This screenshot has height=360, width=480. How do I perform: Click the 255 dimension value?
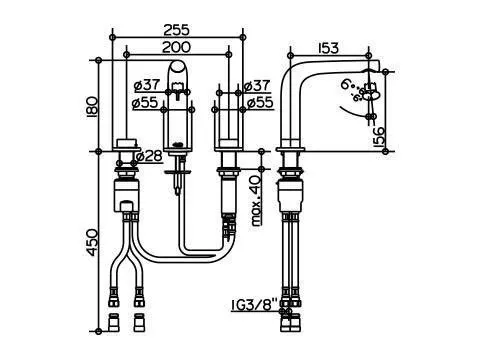(x=176, y=30)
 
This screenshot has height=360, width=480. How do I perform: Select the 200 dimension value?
(x=176, y=47)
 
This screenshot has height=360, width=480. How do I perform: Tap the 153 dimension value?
(x=329, y=48)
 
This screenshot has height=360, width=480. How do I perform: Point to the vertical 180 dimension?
(x=92, y=107)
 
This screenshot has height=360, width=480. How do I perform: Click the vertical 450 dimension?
(x=92, y=242)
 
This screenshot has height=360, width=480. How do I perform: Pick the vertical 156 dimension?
(x=378, y=137)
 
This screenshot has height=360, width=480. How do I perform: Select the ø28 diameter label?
(x=149, y=156)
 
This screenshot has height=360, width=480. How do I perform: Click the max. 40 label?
(x=256, y=201)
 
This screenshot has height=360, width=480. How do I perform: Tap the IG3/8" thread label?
(x=255, y=304)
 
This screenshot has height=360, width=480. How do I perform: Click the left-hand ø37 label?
(x=147, y=85)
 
